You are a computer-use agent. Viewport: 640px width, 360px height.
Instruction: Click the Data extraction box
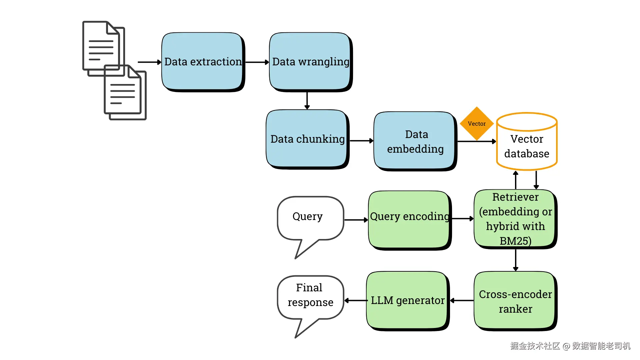point(203,62)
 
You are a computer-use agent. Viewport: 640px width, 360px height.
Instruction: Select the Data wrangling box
point(311,62)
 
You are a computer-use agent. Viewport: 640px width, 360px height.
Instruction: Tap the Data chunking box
point(307,139)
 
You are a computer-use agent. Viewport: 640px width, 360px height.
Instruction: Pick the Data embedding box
point(415,141)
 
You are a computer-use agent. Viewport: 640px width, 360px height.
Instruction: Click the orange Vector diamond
point(477,124)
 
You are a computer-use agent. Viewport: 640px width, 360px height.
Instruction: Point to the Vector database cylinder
point(527,141)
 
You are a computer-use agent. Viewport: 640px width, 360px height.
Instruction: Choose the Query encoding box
point(410,220)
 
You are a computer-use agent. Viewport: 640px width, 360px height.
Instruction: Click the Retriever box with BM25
point(516,219)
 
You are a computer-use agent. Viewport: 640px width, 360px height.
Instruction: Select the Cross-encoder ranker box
point(516,301)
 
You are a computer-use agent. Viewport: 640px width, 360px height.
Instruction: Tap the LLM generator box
point(408,301)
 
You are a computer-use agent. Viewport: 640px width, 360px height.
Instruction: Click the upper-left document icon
point(103,48)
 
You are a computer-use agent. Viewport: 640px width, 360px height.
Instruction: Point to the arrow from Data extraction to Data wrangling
point(257,62)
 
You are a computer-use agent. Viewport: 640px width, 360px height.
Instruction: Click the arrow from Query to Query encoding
point(356,220)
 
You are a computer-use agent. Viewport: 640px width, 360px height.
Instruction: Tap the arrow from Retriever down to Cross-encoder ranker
point(516,260)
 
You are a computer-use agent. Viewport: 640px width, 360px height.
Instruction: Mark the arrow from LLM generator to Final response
point(356,301)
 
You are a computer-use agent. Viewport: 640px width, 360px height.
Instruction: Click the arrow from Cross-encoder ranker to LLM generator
point(462,301)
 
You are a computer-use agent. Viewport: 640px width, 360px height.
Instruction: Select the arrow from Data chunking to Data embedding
point(362,141)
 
